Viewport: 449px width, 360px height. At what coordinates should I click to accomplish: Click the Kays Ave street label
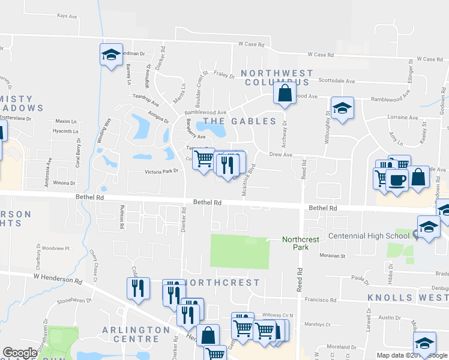coord(68,16)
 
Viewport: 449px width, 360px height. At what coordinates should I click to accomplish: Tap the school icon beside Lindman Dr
coord(111,55)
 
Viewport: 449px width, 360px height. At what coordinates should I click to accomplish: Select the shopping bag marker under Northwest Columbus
coord(285,93)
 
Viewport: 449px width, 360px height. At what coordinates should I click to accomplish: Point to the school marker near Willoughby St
coord(342,109)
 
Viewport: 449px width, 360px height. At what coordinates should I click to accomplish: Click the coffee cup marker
coord(397,181)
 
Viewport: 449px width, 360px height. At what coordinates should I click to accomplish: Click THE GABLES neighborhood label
coord(240,121)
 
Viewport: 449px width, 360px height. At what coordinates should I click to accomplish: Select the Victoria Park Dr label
coord(162,172)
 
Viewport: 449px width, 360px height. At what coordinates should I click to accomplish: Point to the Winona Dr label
coord(64,183)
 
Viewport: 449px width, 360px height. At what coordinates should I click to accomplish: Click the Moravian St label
coord(334,256)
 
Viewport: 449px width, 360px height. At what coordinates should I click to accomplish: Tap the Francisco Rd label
coord(321,299)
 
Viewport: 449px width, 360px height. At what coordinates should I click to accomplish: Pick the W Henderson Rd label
coord(58,278)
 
